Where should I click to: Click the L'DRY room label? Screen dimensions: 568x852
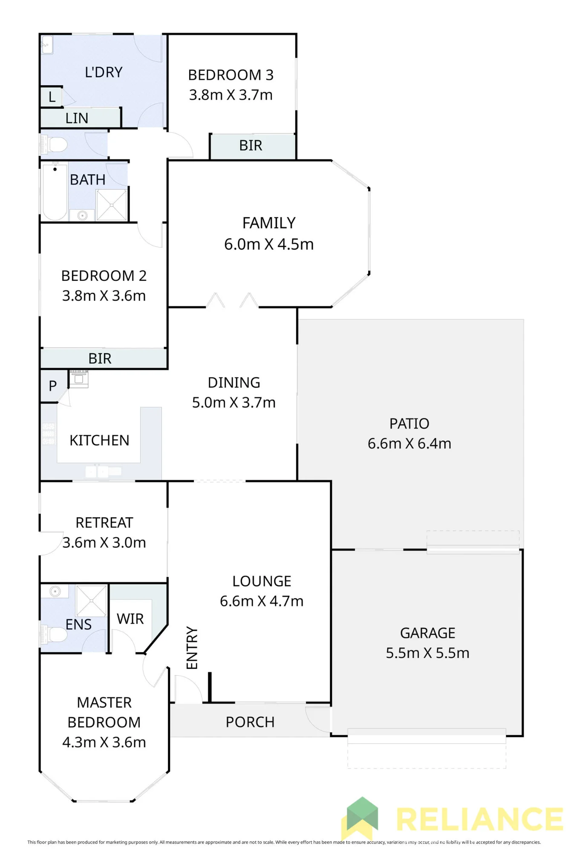(104, 72)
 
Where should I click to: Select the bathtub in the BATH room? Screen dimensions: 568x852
(55, 192)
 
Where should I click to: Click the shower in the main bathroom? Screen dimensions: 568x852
(112, 205)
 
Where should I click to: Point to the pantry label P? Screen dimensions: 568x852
(52, 386)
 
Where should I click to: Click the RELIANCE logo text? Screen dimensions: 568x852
(480, 819)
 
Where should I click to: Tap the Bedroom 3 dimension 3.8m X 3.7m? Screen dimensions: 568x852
(231, 95)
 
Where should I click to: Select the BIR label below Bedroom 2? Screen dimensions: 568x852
(100, 359)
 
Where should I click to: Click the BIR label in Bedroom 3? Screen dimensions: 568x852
(251, 146)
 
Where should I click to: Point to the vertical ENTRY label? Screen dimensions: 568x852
(192, 648)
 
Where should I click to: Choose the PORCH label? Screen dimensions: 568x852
(250, 722)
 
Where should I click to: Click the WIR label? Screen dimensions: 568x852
(130, 619)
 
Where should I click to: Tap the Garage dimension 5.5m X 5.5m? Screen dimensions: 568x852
(427, 653)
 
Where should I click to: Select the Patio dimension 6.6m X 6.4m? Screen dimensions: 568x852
(409, 443)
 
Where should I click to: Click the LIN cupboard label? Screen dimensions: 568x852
(77, 118)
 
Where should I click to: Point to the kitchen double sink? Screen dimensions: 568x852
(98, 472)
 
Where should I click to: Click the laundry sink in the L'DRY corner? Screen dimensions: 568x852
(47, 44)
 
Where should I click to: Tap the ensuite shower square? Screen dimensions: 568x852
(91, 601)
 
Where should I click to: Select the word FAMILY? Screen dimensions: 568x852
(269, 223)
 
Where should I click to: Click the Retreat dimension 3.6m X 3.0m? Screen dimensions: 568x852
(104, 543)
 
